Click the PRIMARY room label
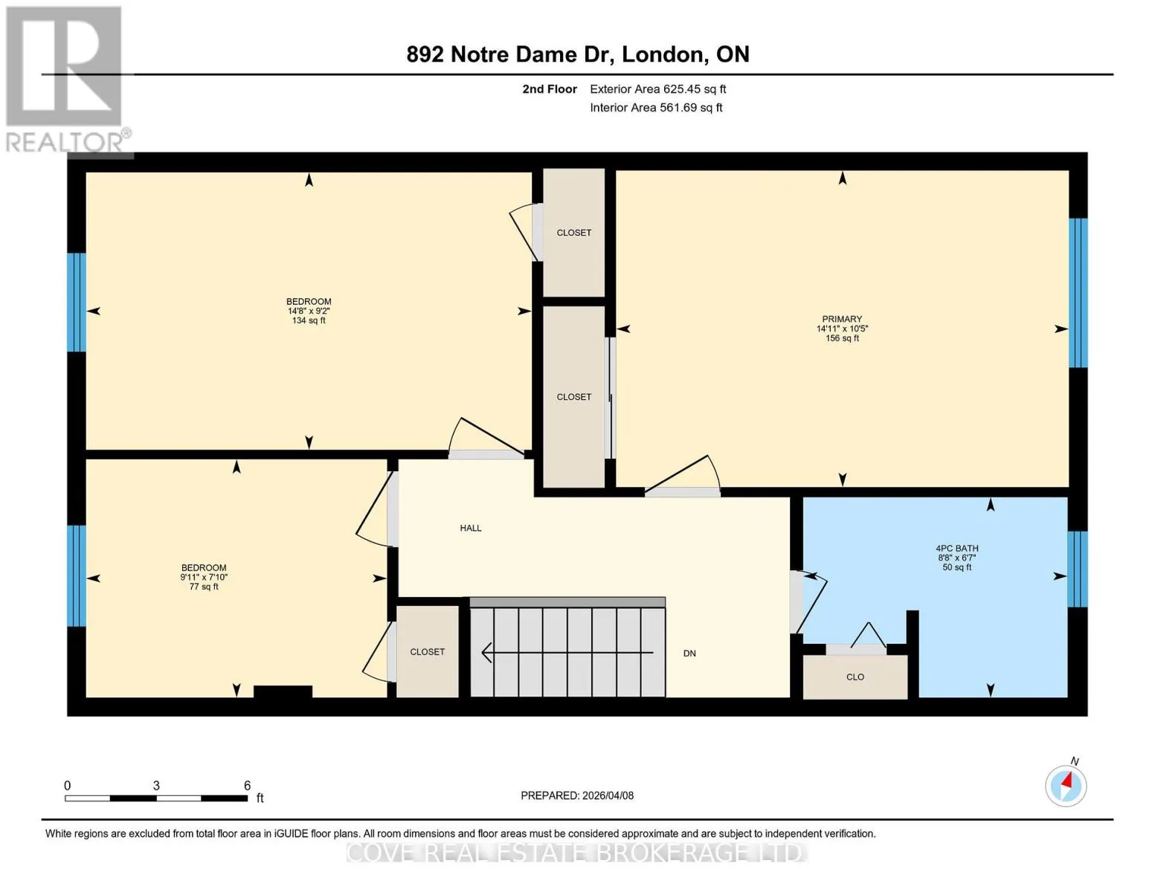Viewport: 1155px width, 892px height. click(x=842, y=319)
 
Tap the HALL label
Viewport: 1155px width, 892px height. click(x=470, y=528)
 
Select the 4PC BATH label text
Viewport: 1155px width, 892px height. click(x=956, y=549)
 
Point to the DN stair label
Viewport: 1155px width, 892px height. click(x=689, y=653)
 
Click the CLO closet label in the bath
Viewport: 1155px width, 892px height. click(x=855, y=677)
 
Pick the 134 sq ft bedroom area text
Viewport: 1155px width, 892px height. click(x=309, y=320)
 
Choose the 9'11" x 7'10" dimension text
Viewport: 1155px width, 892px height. click(x=204, y=577)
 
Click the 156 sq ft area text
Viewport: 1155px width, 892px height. click(x=842, y=338)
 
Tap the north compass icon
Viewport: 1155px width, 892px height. click(x=1066, y=786)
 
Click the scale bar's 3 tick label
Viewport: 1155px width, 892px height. click(x=156, y=785)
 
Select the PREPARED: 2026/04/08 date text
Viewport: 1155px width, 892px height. click(x=577, y=795)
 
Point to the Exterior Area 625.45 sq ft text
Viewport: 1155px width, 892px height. click(x=658, y=89)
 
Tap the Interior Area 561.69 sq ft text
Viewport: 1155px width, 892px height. click(x=657, y=108)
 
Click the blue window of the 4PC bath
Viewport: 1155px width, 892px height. click(x=1078, y=569)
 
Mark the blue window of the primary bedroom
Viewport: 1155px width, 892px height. click(x=1078, y=293)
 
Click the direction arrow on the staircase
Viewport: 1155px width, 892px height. click(x=567, y=653)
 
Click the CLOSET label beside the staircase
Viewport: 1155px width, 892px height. click(x=428, y=651)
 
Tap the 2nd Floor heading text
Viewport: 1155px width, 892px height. click(x=550, y=89)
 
